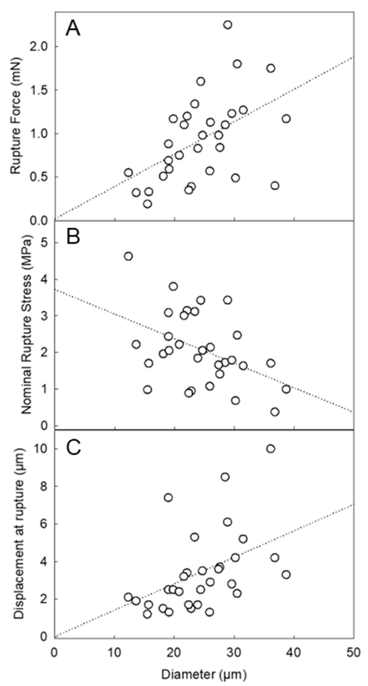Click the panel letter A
pos(73,29)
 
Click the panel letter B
pos(73,237)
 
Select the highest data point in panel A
pos(228,25)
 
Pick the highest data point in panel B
pos(129,256)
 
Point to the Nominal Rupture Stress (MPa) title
pos(26,325)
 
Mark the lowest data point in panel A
pos(148,204)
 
